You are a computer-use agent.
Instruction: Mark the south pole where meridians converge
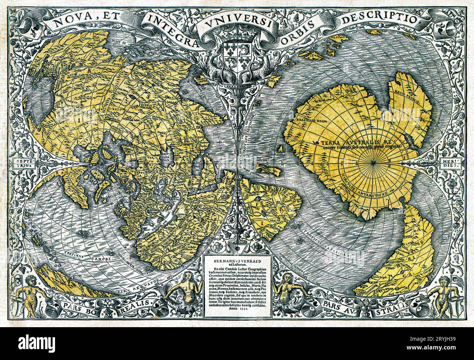pyautogui.click(x=376, y=160)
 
